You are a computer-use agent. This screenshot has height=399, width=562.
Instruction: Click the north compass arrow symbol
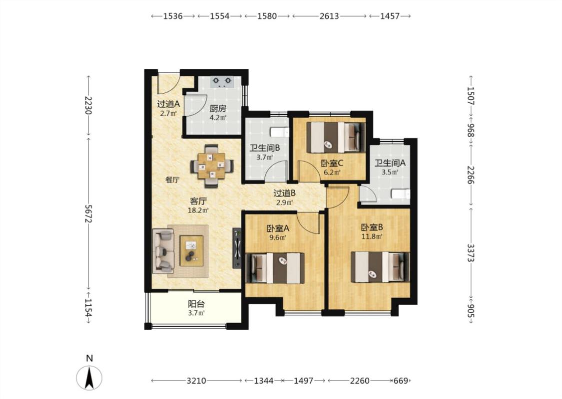89,378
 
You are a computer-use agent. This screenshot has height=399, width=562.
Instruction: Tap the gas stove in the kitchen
221,82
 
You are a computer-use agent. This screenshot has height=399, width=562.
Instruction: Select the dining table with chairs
212,166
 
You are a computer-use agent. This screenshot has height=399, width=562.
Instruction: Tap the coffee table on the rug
191,250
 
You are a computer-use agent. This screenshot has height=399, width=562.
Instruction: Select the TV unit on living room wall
237,248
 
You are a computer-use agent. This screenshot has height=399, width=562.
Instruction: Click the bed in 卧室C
336,138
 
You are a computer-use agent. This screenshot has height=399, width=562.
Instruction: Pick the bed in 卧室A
275,268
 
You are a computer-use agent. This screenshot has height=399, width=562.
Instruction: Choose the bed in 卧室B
380,267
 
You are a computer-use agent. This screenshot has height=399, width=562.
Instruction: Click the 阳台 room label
196,304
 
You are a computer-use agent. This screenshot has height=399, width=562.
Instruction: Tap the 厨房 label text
218,109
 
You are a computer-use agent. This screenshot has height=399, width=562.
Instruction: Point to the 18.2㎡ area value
198,210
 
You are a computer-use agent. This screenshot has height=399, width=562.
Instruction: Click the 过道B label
285,194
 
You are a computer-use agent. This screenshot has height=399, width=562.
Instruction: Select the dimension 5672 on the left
88,213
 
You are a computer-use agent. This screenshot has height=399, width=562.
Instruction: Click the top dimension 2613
329,16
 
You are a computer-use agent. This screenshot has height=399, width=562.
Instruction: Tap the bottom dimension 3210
196,381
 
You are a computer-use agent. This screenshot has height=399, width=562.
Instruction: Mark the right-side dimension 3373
471,253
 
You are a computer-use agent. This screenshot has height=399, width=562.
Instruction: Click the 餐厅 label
172,180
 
